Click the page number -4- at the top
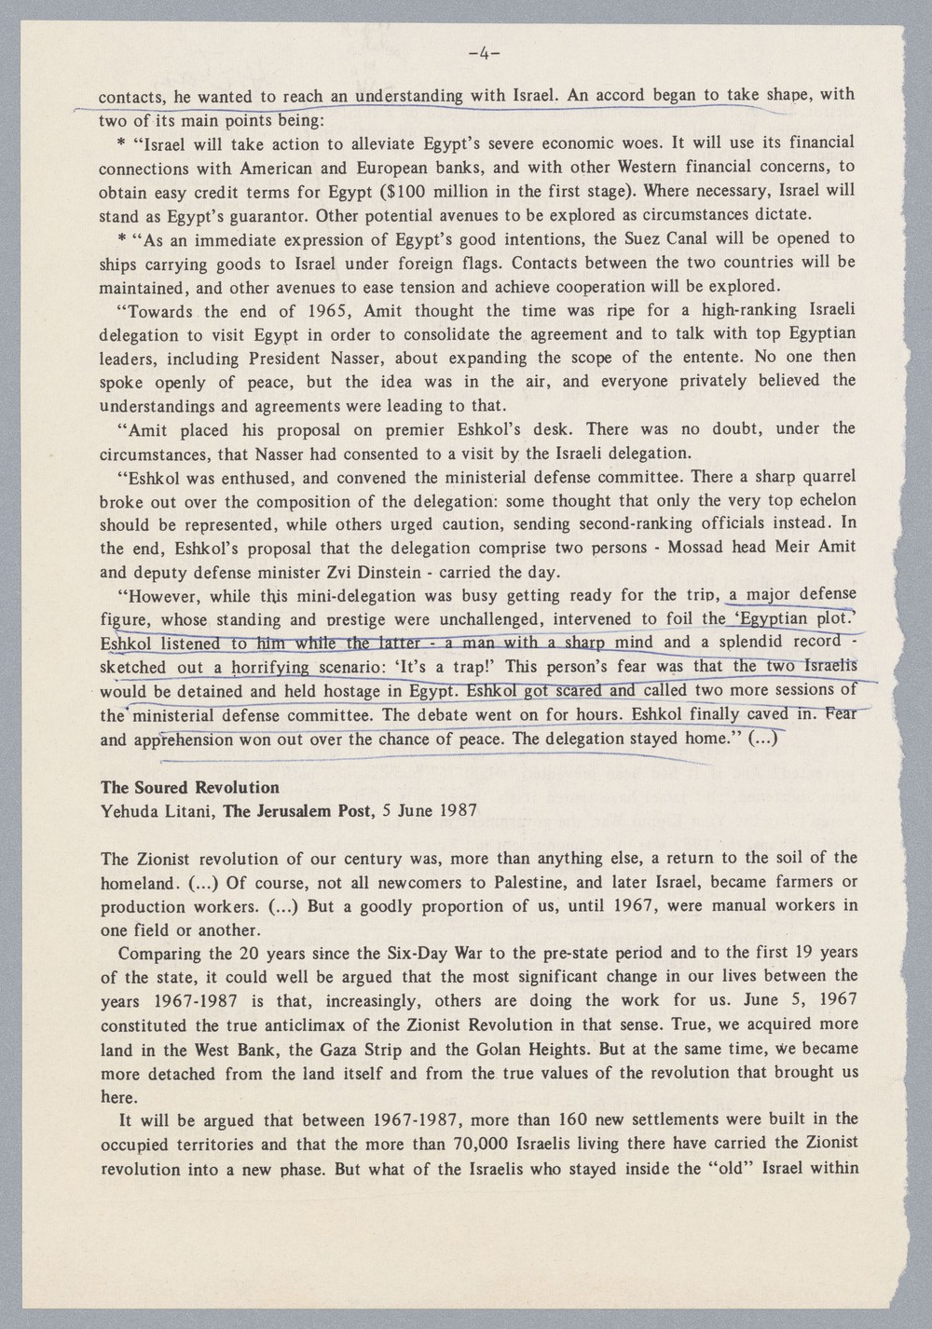tap(485, 54)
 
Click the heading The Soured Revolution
tap(189, 787)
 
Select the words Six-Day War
tap(402, 953)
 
